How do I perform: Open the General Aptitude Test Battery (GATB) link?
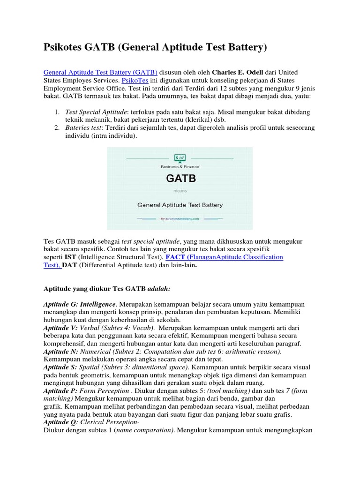coord(100,73)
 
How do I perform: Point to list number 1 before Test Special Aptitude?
coord(56,112)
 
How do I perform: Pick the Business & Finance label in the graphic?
coord(180,166)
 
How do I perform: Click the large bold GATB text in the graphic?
coord(180,179)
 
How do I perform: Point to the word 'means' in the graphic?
coord(180,191)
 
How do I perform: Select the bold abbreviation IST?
coord(71,257)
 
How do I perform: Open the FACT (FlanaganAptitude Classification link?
coord(225,257)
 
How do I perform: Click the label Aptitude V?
coord(60,328)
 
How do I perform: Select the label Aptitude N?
coord(60,352)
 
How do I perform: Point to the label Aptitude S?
coord(60,367)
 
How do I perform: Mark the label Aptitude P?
coord(60,391)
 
